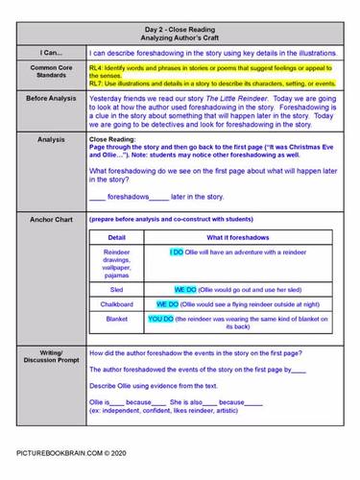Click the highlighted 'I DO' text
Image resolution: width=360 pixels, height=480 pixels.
tap(176, 252)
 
